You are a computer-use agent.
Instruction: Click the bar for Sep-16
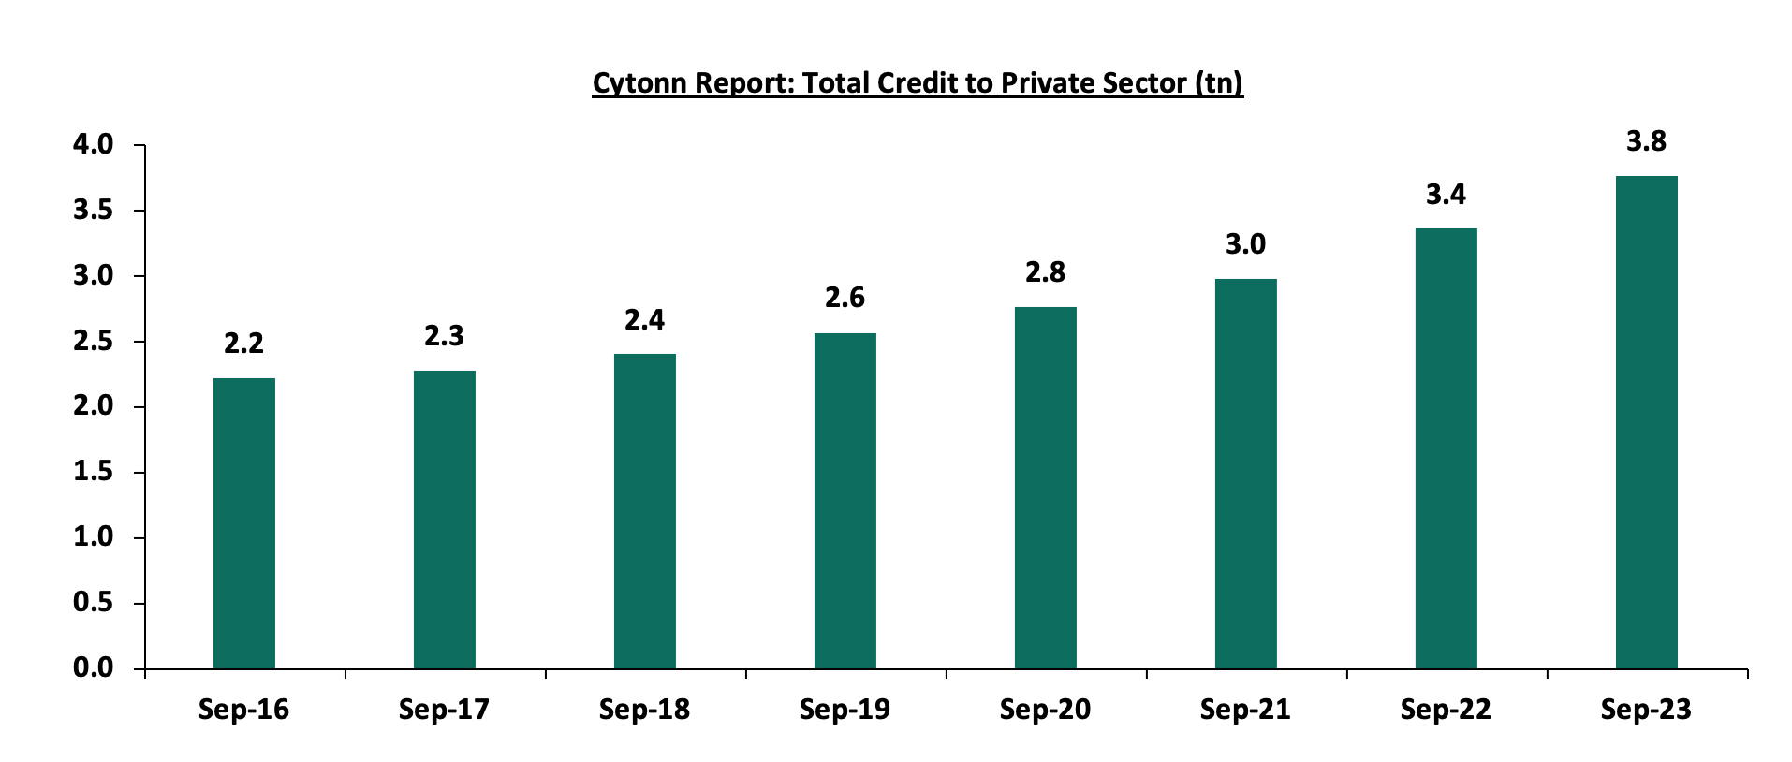click(x=243, y=523)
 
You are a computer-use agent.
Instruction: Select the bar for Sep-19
click(x=845, y=501)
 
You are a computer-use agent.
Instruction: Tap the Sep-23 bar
click(x=1646, y=422)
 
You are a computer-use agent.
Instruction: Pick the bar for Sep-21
click(x=1245, y=474)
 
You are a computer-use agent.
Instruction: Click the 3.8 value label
click(x=1646, y=142)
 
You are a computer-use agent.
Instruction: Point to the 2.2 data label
click(x=243, y=344)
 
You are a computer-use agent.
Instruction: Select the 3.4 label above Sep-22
click(x=1446, y=195)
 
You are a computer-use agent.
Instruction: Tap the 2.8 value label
click(x=1045, y=272)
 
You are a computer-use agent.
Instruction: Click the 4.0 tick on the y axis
click(x=93, y=145)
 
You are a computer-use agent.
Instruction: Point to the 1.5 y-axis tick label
click(x=93, y=473)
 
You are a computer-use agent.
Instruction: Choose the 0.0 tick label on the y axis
click(x=93, y=668)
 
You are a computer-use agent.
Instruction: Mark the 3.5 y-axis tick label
click(x=93, y=211)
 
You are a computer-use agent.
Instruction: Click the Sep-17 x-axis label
click(x=444, y=710)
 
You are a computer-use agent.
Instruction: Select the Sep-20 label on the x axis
click(x=1045, y=710)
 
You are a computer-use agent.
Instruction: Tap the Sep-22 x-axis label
click(x=1446, y=710)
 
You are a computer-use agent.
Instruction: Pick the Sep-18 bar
click(x=644, y=511)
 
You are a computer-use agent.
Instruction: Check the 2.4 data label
click(x=644, y=320)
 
